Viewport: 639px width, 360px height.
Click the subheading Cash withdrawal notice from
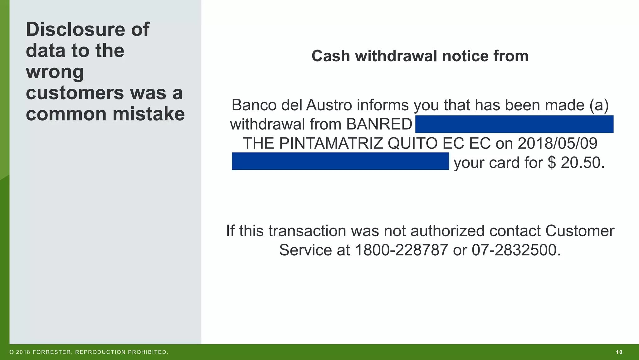pyautogui.click(x=420, y=56)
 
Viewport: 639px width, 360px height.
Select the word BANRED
pyautogui.click(x=379, y=124)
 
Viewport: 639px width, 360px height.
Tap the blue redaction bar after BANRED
pyautogui.click(x=514, y=124)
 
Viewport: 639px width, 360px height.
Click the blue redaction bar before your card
pyautogui.click(x=340, y=161)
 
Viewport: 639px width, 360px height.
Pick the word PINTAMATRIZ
pyautogui.click(x=331, y=143)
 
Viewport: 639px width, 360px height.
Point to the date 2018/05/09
pyautogui.click(x=557, y=143)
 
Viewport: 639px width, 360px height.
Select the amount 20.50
pyautogui.click(x=582, y=163)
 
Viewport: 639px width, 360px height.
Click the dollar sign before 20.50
pyautogui.click(x=552, y=163)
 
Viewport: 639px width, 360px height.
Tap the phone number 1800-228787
pyautogui.click(x=401, y=250)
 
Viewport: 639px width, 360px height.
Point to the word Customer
pyautogui.click(x=579, y=231)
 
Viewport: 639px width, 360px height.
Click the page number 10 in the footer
pyautogui.click(x=619, y=352)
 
